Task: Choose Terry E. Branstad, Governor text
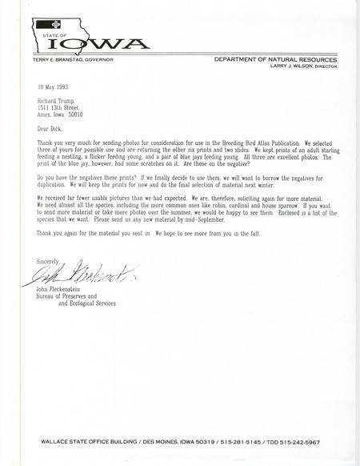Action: (x=74, y=59)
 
